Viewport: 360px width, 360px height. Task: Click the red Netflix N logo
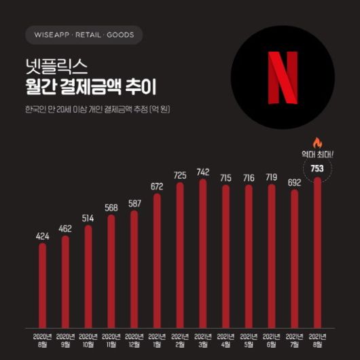[283, 77]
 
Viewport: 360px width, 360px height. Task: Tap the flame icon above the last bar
[317, 143]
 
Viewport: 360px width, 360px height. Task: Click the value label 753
[317, 168]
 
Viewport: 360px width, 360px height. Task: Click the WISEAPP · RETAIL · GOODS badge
[84, 35]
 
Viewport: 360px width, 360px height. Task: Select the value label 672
[157, 186]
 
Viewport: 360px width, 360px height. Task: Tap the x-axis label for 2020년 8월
[42, 340]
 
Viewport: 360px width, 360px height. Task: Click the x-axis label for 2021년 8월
[317, 340]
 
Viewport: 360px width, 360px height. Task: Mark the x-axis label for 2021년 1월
[157, 340]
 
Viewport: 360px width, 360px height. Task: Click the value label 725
[180, 175]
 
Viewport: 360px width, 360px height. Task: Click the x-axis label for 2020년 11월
[111, 340]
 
